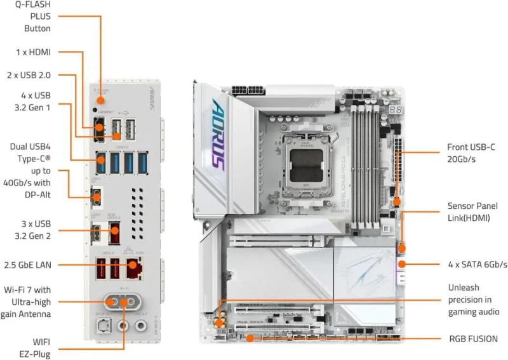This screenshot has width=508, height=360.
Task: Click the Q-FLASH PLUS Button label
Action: pos(37,17)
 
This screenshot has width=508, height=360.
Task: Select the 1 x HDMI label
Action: pos(34,52)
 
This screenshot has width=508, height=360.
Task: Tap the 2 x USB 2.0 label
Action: pos(29,75)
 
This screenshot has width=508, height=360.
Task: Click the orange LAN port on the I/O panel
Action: pos(135,270)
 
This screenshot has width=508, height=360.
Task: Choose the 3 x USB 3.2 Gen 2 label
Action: pos(34,230)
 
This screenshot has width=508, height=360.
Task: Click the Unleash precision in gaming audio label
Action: pos(472,300)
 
